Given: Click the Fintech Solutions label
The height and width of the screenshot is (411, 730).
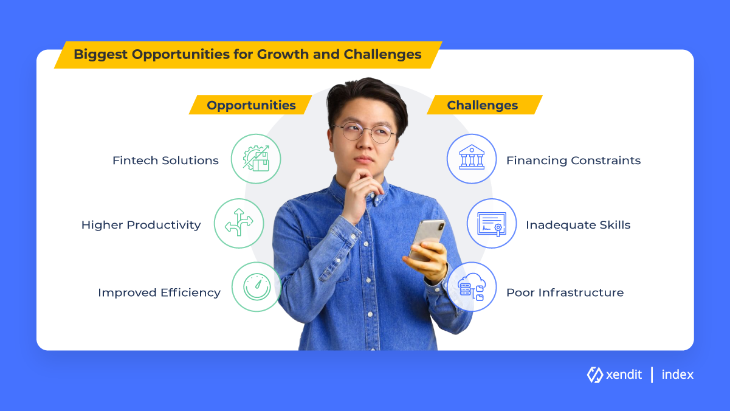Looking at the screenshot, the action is tap(165, 161).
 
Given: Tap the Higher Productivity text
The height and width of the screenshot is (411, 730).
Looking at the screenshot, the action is tap(141, 225).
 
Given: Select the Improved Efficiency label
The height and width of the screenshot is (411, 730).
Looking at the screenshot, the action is tap(159, 292).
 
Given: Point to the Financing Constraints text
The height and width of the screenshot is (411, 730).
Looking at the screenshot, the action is tap(573, 161).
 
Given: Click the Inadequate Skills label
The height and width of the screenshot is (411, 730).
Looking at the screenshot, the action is tap(578, 225).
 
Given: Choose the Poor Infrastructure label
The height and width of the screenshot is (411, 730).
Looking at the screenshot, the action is tap(565, 292).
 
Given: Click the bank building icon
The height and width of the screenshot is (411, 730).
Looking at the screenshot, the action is tap(472, 157).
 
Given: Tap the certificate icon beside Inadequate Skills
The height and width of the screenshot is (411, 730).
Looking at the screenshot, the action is tap(492, 224).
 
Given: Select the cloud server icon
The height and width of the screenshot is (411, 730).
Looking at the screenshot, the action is tap(472, 287).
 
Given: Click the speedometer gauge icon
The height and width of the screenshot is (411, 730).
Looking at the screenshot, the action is tap(257, 287).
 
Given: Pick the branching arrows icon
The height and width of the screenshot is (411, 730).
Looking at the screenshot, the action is tap(239, 223).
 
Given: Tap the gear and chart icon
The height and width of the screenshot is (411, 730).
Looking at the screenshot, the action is tap(256, 159).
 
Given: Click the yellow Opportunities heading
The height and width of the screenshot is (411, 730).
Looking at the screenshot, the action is tap(251, 105).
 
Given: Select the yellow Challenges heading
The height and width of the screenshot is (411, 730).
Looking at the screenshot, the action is tap(483, 105).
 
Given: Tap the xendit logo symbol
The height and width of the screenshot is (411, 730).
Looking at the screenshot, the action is tap(594, 375).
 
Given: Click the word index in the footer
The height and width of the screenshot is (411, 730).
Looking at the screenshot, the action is tap(677, 375).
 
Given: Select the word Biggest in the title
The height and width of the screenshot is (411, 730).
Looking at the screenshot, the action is tap(100, 55).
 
